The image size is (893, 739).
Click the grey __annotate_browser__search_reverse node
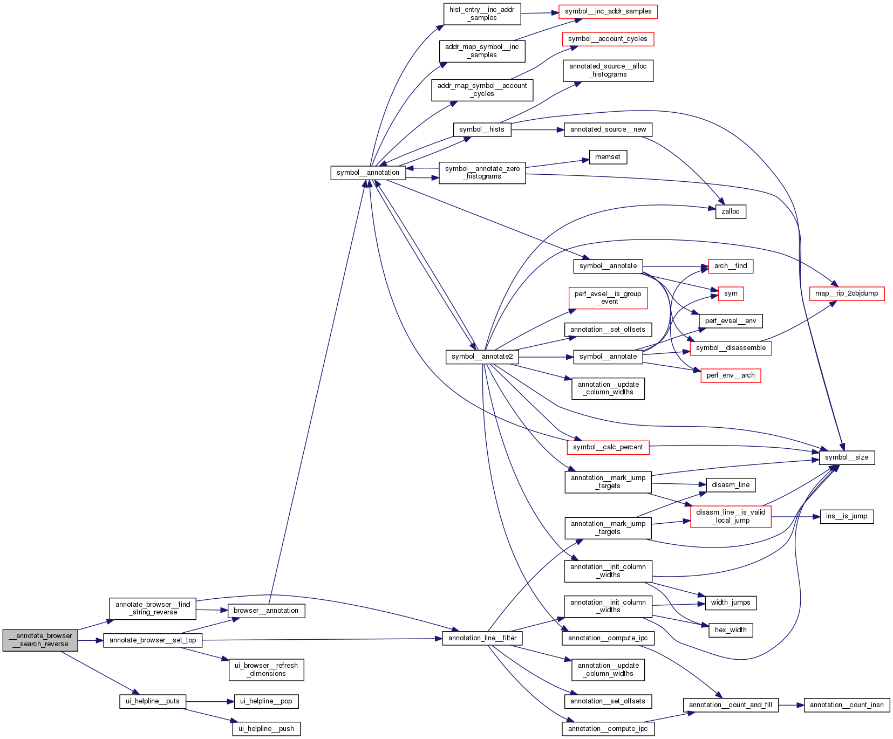pyautogui.click(x=40, y=640)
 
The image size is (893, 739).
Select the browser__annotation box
pyautogui.click(x=266, y=611)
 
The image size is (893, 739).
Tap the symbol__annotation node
pyautogui.click(x=368, y=173)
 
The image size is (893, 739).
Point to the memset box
pyautogui.click(x=608, y=157)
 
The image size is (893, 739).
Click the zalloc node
pyautogui.click(x=731, y=211)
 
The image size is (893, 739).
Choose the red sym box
pyautogui.click(x=731, y=293)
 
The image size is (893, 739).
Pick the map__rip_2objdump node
pyautogui.click(x=847, y=293)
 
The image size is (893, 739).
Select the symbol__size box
pyautogui.click(x=847, y=457)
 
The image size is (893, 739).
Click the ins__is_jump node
pyautogui.click(x=847, y=516)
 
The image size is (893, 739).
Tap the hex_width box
pyautogui.click(x=731, y=630)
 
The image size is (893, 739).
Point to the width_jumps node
pyautogui.click(x=731, y=603)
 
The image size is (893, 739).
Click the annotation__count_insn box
pyautogui.click(x=847, y=705)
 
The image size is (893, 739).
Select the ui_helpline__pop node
pyautogui.click(x=266, y=701)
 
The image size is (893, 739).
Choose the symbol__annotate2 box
pyautogui.click(x=482, y=357)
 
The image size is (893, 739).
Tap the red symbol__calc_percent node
pyautogui.click(x=608, y=447)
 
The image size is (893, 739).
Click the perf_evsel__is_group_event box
pyautogui.click(x=608, y=298)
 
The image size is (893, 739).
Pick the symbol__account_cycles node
pyautogui.click(x=608, y=39)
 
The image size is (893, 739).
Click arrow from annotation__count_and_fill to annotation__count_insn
pyautogui.click(x=792, y=705)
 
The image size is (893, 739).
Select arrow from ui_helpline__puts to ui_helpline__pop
pyautogui.click(x=210, y=702)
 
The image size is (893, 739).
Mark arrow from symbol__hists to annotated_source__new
pyautogui.click(x=537, y=130)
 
